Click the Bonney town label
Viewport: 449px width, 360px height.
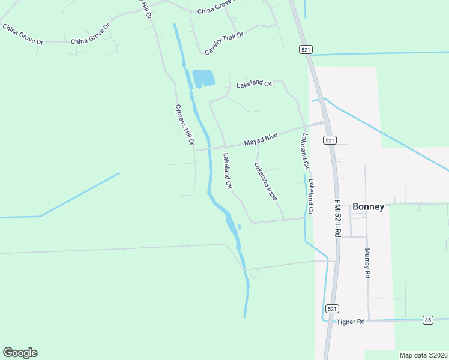(368, 206)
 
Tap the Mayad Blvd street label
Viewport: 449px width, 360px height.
(261, 140)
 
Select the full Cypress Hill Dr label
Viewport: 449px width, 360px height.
(182, 125)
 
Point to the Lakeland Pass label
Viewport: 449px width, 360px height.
(265, 181)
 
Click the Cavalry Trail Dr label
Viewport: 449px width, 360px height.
(224, 44)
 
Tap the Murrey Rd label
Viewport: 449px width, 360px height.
(367, 263)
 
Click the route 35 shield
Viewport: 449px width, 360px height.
(427, 320)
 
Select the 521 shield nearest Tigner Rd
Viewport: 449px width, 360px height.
(331, 308)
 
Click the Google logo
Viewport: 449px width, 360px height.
(20, 353)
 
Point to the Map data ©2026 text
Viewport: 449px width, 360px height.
(423, 355)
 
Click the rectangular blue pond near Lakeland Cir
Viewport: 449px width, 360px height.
(203, 78)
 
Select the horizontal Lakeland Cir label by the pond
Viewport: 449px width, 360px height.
(254, 84)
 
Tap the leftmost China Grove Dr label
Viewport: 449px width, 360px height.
(23, 34)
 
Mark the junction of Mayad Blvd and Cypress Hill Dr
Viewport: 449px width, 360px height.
(194, 149)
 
